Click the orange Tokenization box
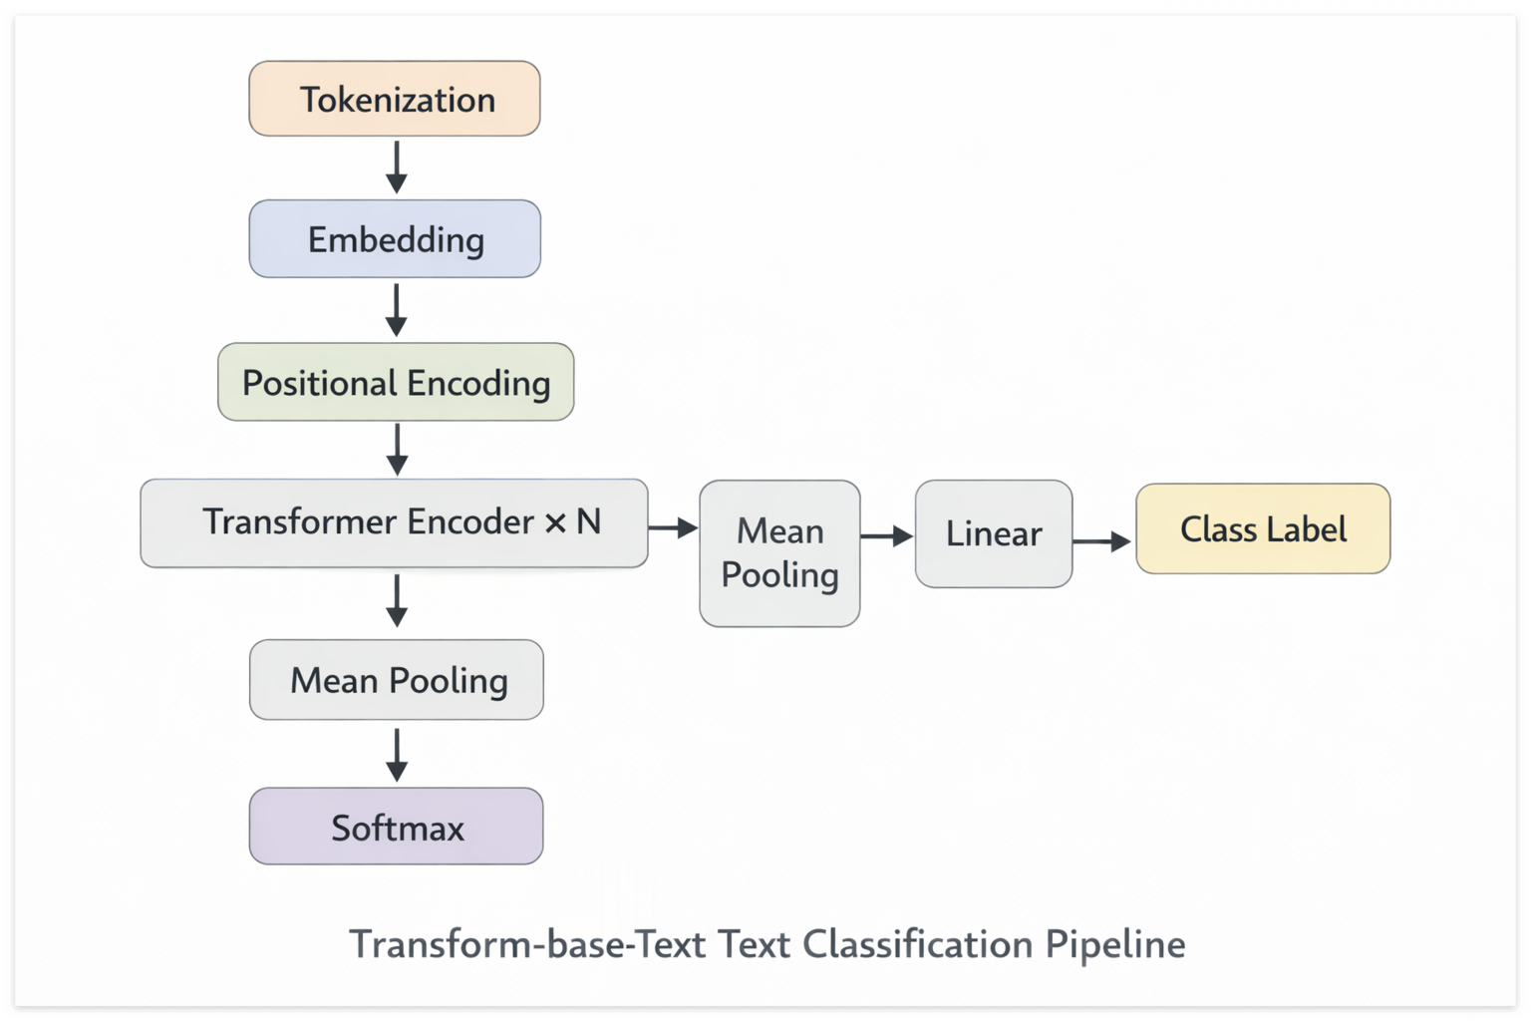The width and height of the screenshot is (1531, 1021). point(395,99)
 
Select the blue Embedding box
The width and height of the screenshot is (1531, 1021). point(395,239)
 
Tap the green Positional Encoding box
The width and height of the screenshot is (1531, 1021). point(396,382)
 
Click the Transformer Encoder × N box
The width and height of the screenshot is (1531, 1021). point(394,522)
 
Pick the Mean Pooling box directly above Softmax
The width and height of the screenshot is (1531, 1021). point(397,680)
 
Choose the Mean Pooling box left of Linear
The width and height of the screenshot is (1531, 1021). point(779,553)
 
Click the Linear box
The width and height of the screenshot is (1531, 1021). point(994,533)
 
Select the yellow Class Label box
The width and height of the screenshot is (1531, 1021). point(1263,528)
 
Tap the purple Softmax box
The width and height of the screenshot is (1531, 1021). point(397,827)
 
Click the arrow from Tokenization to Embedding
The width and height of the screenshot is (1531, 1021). point(397,167)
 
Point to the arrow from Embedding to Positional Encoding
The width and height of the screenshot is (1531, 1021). point(397,310)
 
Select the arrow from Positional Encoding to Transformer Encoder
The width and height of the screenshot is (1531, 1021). point(397,450)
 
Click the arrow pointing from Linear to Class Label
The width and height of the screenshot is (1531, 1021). point(1102,541)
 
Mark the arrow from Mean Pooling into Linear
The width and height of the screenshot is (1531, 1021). point(887,536)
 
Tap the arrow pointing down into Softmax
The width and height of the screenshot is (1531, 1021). point(397,754)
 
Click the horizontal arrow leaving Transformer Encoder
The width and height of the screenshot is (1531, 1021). point(674,527)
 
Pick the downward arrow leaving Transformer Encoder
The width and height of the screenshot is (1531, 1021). point(397,600)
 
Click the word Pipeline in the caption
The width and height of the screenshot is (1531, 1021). point(1115,944)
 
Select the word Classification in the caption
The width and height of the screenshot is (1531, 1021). point(918,944)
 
